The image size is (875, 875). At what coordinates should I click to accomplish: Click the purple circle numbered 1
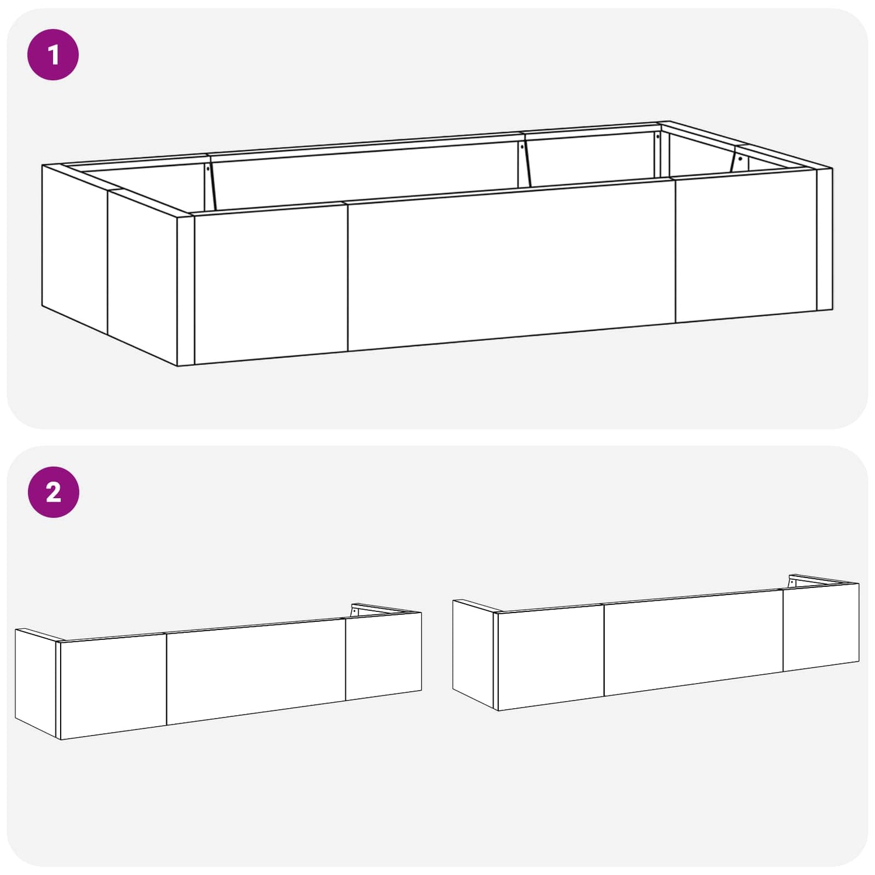(53, 55)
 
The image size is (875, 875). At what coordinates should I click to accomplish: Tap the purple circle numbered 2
(53, 492)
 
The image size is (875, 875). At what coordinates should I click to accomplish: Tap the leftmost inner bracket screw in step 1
(208, 169)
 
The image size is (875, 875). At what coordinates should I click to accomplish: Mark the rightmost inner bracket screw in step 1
(740, 158)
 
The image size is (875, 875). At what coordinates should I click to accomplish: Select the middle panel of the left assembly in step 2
(256, 672)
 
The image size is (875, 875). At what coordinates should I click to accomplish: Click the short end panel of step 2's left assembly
(36, 684)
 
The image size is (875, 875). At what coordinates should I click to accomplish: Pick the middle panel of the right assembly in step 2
(694, 642)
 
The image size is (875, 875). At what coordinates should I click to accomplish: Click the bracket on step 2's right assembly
(792, 582)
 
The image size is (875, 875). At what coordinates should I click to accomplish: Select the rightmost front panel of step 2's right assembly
(821, 627)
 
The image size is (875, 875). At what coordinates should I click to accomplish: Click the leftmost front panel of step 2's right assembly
(551, 657)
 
